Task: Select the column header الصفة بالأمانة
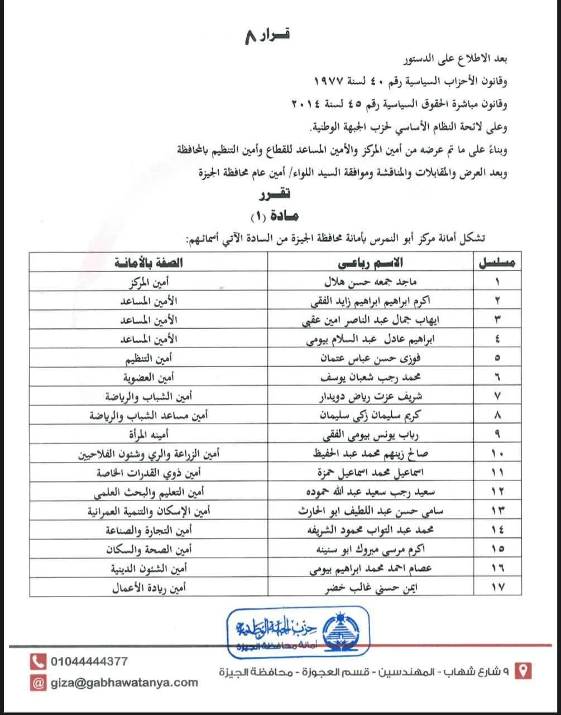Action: click(x=148, y=263)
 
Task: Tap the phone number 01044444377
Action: click(x=89, y=661)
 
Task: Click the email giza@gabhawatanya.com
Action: click(x=124, y=682)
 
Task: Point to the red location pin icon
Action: click(x=522, y=670)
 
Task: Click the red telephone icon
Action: click(x=38, y=662)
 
